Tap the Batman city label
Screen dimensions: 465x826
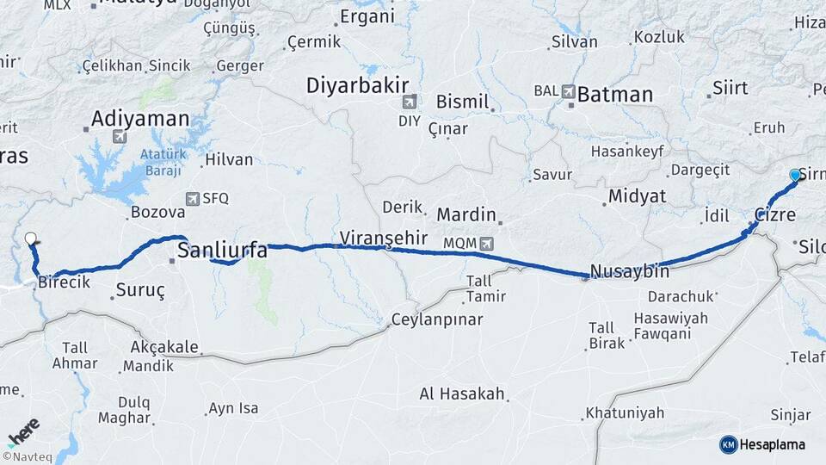click(x=614, y=95)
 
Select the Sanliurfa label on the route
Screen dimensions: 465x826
click(x=222, y=251)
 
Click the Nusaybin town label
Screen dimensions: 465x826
click(x=630, y=271)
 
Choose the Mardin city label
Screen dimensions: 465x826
click(x=466, y=214)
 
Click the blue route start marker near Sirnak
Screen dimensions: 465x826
click(x=795, y=176)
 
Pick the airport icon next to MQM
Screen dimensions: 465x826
click(x=488, y=244)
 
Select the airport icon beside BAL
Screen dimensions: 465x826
click(x=568, y=90)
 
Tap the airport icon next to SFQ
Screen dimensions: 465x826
click(x=190, y=198)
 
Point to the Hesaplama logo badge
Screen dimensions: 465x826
click(x=763, y=444)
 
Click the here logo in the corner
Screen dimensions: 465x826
click(x=23, y=430)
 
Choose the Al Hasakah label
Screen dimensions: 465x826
click(x=461, y=394)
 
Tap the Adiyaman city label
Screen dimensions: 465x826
click(x=139, y=118)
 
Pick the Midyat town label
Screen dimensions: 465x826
click(x=637, y=196)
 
